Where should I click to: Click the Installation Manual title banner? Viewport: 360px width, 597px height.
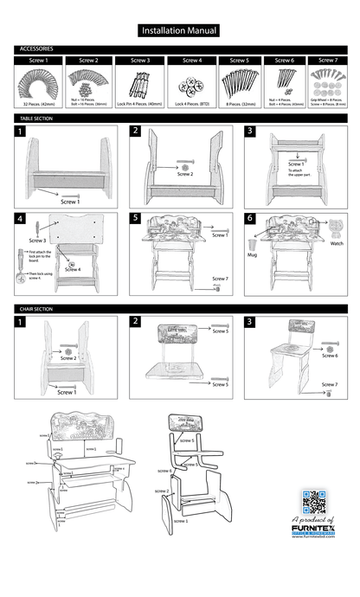click(x=179, y=30)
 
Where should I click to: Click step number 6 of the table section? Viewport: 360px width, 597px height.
click(x=249, y=219)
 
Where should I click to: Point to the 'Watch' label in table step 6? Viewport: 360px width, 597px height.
click(x=337, y=244)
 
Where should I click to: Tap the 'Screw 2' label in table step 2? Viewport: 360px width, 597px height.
click(x=184, y=174)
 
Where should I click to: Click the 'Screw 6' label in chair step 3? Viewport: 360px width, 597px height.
click(x=330, y=355)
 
